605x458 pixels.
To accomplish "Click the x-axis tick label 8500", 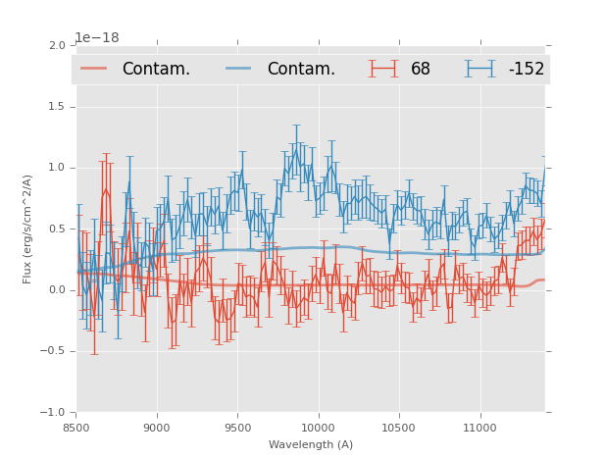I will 76,428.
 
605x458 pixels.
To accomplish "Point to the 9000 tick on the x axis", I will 157,428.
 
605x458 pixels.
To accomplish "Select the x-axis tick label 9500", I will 237,428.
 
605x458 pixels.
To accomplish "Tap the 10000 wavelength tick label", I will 318,428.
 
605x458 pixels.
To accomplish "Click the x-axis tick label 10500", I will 399,428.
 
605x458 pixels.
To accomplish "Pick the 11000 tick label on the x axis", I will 479,428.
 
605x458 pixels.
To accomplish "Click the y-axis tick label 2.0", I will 57,45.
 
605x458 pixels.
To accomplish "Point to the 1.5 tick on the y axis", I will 57,106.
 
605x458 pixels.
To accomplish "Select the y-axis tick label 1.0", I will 57,168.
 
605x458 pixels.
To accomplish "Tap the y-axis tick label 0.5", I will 57,229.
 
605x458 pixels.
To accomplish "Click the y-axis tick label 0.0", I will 57,290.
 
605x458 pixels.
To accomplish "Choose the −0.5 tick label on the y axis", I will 54,351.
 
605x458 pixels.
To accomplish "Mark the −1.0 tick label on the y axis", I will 54,413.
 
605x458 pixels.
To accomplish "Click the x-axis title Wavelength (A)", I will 311,444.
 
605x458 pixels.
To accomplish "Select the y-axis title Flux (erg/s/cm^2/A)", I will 28,229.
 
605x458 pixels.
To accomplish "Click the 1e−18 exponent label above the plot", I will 97,38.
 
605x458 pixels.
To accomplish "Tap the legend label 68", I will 421,70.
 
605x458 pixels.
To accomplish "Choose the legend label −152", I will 526,70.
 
